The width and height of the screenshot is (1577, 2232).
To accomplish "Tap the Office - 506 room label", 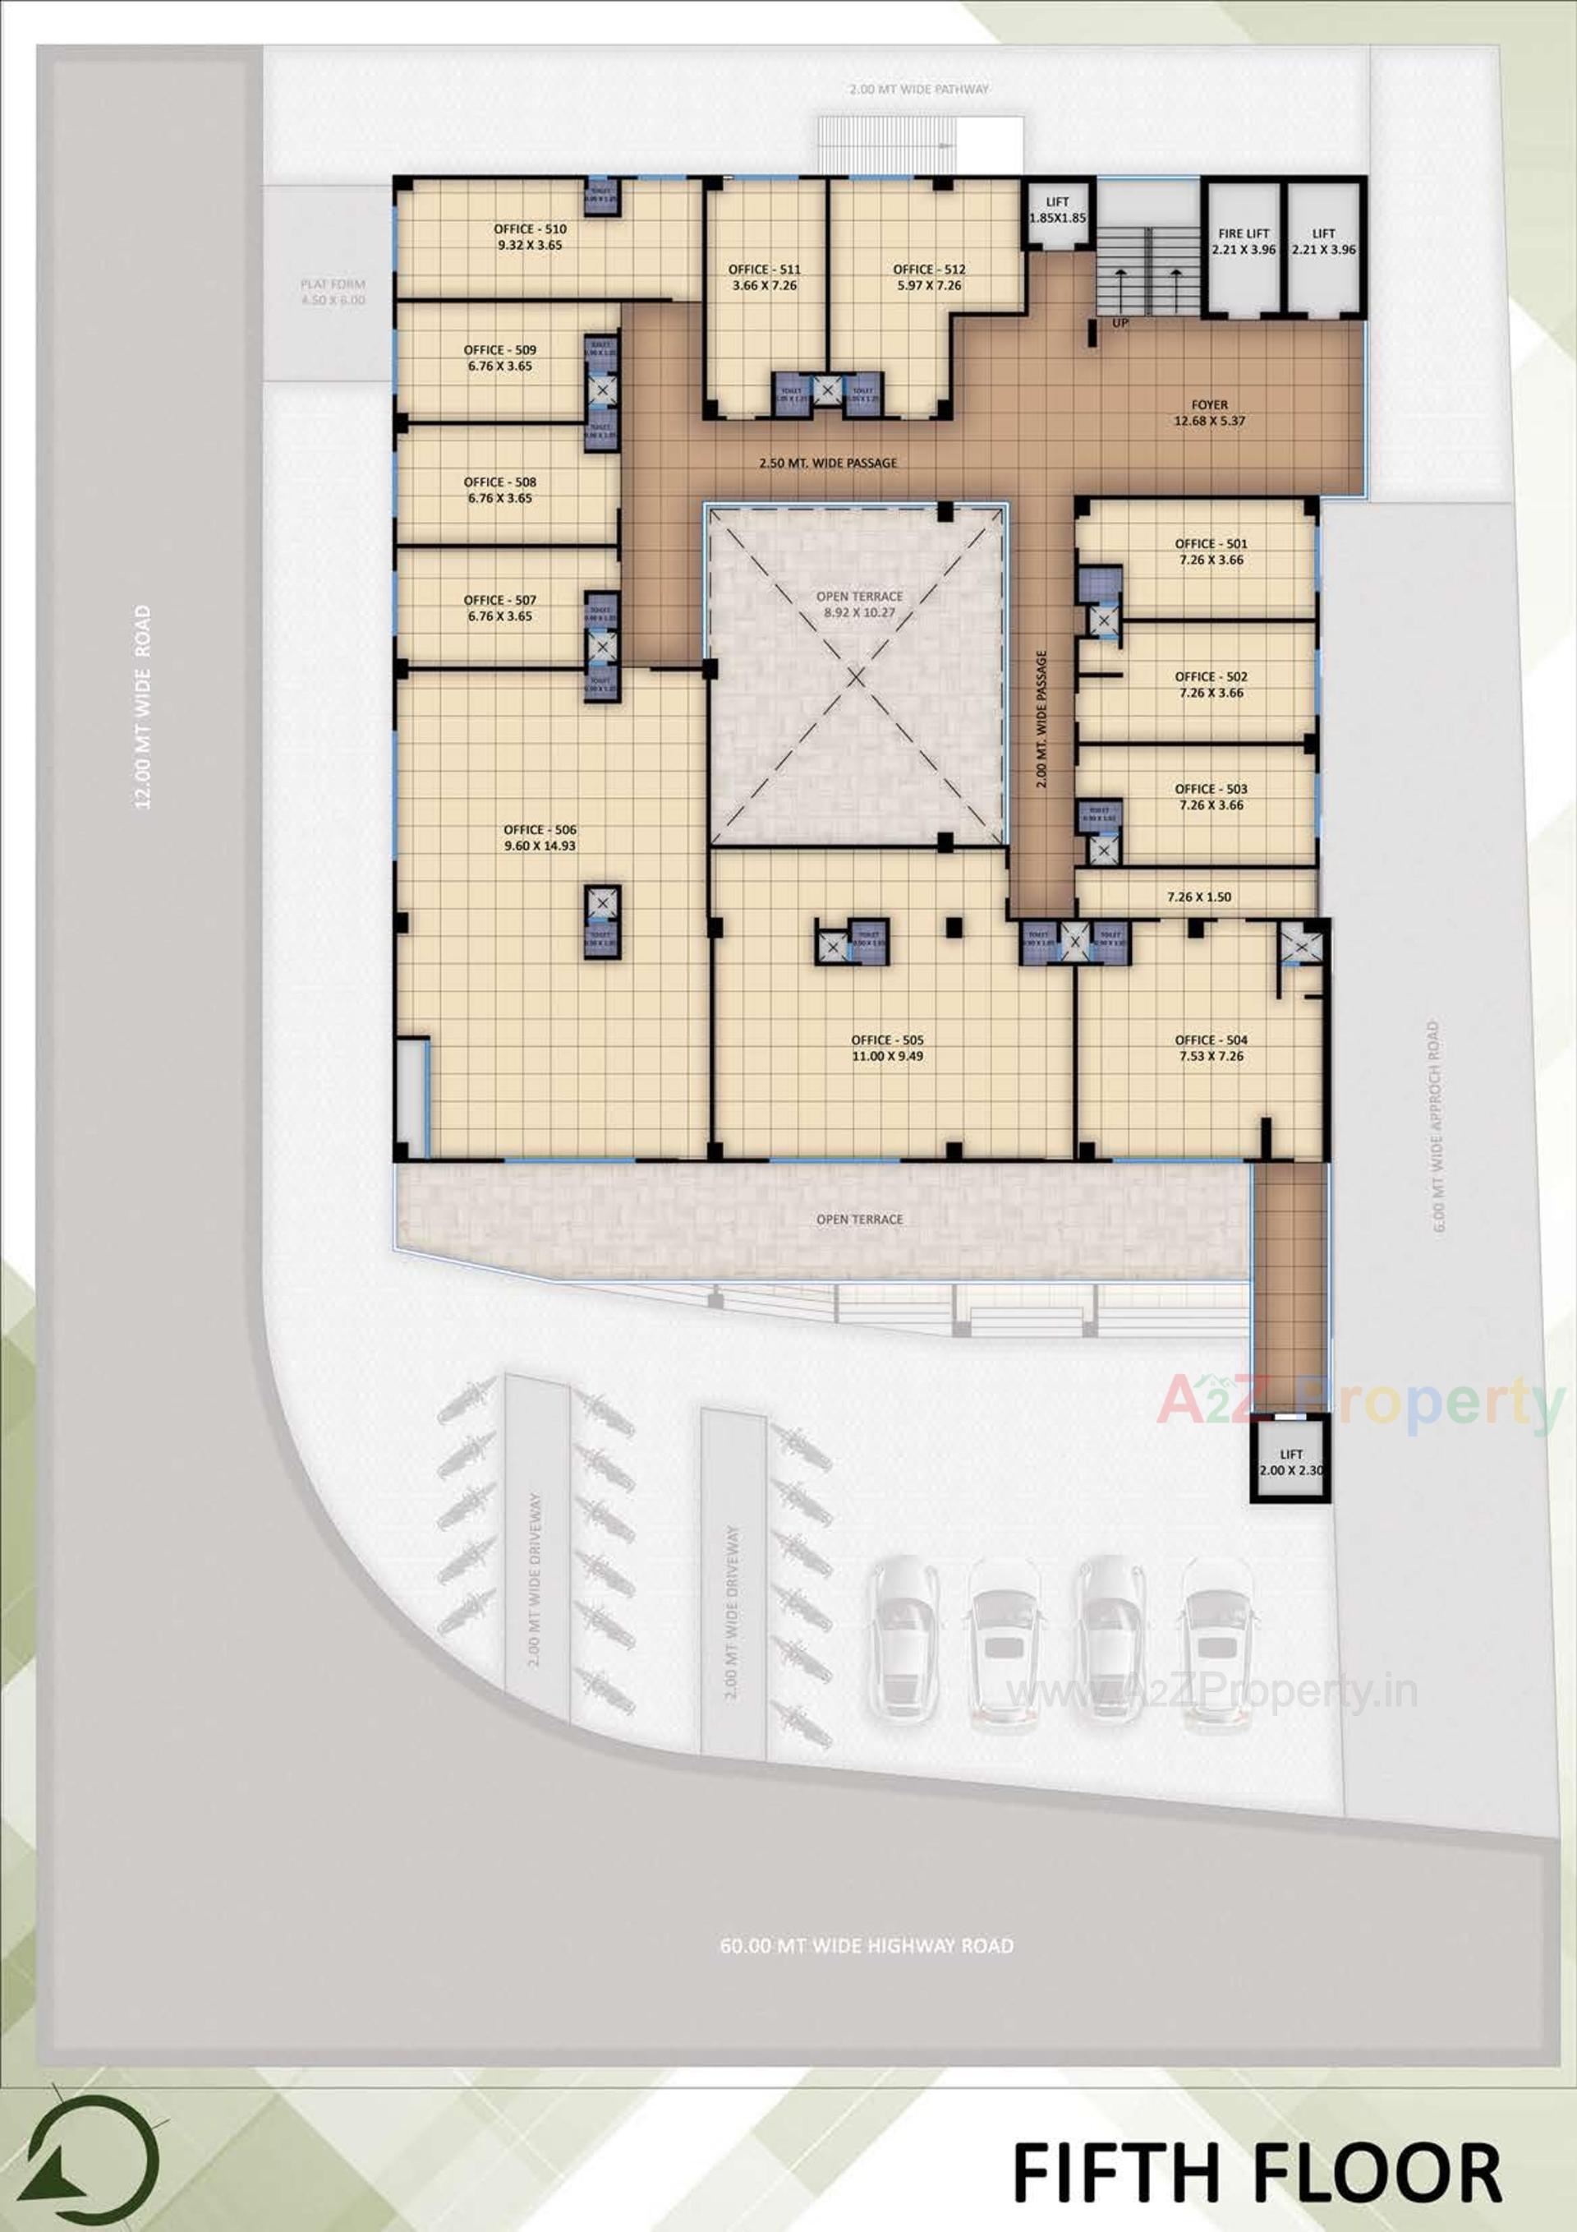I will coord(540,837).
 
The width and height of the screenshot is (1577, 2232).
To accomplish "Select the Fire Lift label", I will coord(1244,241).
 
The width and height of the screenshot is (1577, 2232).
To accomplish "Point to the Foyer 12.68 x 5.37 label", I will coord(1209,413).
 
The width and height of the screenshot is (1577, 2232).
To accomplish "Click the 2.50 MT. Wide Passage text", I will coord(828,463).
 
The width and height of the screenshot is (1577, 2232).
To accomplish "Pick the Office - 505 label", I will coord(887,1047).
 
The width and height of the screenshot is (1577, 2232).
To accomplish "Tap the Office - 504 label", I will coord(1211,1047).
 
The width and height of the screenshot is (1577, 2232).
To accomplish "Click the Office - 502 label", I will coord(1211,685).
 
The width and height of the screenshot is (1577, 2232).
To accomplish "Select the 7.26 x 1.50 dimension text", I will coord(1199,897).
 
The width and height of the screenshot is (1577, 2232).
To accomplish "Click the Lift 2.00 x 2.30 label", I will coord(1290,1462).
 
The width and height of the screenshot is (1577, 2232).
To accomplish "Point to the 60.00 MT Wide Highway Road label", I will coord(866,1945).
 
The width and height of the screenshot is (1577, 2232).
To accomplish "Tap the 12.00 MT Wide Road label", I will coord(143,707).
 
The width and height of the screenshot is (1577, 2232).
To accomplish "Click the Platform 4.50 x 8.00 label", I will coord(333,292).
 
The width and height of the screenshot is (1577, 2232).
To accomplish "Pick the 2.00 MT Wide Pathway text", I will coord(918,90).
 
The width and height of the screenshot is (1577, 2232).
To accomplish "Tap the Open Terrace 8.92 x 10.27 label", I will coord(859,604).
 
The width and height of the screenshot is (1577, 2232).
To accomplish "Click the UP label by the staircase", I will coord(1120,323).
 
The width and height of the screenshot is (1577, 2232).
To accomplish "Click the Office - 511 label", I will coord(765,277).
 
